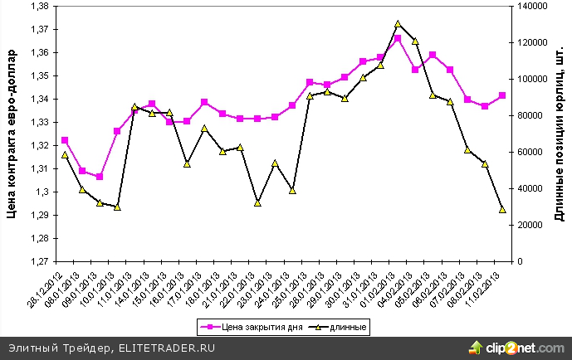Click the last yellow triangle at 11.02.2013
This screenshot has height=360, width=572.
(x=502, y=209)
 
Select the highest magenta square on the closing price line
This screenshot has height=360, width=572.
(x=398, y=38)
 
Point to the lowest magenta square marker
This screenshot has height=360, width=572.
(x=100, y=177)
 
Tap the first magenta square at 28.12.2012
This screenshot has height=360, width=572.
(x=65, y=140)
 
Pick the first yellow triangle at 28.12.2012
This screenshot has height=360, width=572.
(x=65, y=155)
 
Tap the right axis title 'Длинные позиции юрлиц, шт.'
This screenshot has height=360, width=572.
(x=559, y=134)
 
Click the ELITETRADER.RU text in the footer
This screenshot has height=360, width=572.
(x=167, y=348)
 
